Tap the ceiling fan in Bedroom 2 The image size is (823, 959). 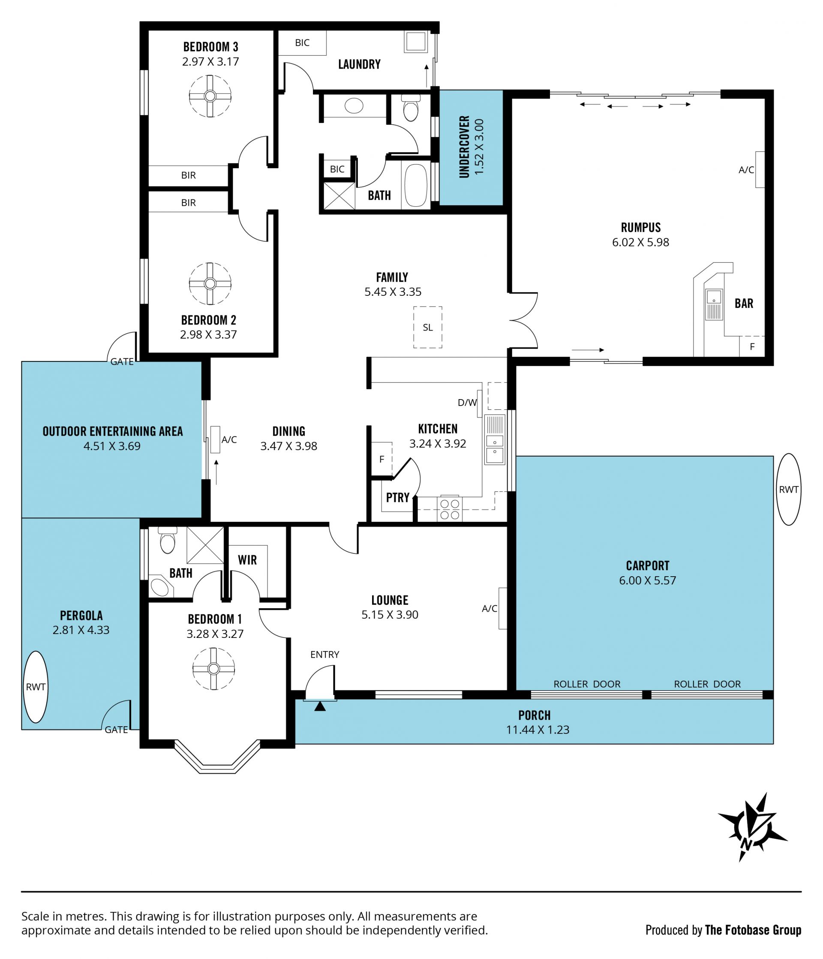[x=210, y=284]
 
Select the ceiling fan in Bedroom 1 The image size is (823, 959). [x=213, y=669]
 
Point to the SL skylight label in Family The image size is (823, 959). [x=428, y=328]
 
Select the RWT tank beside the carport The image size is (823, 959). [x=788, y=489]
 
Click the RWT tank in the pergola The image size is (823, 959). [x=36, y=687]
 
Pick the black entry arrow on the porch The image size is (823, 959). [x=320, y=707]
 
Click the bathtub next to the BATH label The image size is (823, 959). [x=416, y=185]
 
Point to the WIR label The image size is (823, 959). [x=247, y=560]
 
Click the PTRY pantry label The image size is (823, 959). [x=398, y=498]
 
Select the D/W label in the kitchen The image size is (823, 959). [x=467, y=403]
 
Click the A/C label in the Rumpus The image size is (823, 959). [x=746, y=170]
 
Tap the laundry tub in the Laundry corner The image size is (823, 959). [x=415, y=42]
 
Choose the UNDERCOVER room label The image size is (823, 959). [x=464, y=147]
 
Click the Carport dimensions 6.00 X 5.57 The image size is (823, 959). [x=648, y=580]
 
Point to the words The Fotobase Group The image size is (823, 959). [x=753, y=930]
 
